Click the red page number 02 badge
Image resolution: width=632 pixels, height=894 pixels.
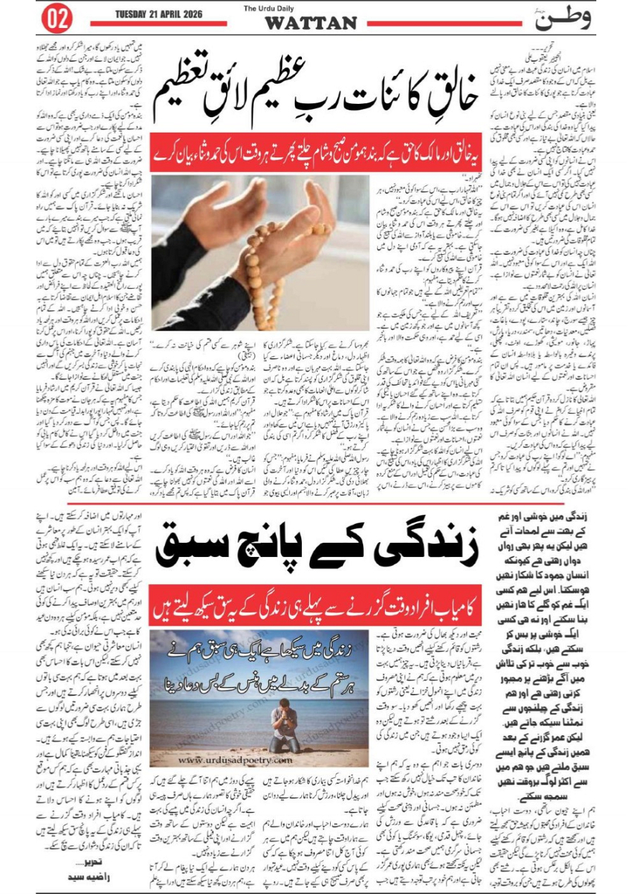point(58,19)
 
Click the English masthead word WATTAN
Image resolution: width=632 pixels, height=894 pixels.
point(310,24)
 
